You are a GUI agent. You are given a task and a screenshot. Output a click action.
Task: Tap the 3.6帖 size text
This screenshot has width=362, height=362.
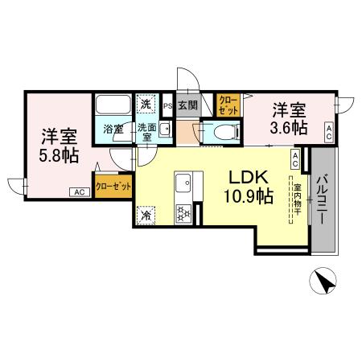(x=288, y=127)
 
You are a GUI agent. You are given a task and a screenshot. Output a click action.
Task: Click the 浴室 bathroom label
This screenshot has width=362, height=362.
(x=112, y=128)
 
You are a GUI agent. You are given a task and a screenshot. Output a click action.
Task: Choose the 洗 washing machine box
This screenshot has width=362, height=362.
(x=146, y=104)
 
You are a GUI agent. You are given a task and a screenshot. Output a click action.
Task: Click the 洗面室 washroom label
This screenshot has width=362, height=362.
(x=146, y=133)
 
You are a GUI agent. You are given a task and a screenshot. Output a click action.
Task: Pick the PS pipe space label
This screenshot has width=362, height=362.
(x=167, y=105)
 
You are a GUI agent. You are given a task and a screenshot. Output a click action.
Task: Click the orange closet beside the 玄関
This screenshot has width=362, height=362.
(x=227, y=105)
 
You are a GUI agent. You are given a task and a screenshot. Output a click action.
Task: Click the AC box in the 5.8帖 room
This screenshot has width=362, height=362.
(x=79, y=192)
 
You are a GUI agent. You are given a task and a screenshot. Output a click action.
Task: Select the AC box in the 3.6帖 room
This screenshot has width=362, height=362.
(x=329, y=132)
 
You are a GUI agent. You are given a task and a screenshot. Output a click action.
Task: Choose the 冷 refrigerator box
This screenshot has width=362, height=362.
(x=146, y=215)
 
